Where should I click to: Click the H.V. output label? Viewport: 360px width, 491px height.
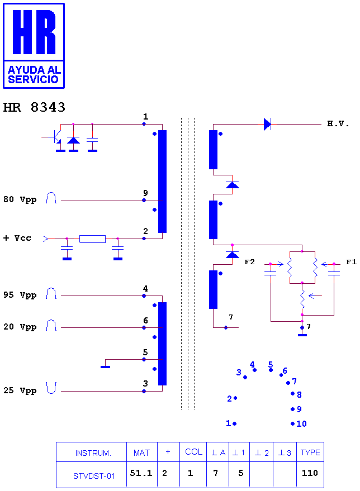coord(338,123)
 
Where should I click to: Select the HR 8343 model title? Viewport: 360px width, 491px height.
coord(34,107)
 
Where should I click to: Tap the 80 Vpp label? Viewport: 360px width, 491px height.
coord(20,199)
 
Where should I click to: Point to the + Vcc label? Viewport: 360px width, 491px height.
coord(17,238)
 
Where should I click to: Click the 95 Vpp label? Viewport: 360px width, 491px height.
coord(20,295)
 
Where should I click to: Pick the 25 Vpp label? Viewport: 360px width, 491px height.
coord(20,390)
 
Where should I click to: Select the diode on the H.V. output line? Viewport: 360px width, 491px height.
coord(267,124)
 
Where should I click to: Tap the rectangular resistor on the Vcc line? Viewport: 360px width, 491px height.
coord(92,239)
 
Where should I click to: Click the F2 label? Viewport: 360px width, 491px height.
coord(249,262)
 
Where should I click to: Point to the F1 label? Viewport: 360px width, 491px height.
coord(351,262)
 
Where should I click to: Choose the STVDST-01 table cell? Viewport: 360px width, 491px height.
coord(94,476)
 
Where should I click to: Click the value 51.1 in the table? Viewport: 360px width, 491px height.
coord(141,473)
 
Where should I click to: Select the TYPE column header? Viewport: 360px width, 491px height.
coord(310,452)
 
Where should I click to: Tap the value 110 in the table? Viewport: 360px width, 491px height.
coord(310,473)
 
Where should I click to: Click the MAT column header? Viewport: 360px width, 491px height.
coord(141,453)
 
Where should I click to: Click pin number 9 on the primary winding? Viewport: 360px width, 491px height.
coord(145,193)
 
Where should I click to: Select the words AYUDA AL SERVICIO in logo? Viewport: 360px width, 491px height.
coord(34,74)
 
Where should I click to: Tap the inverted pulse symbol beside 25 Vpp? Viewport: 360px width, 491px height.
coord(51,388)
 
